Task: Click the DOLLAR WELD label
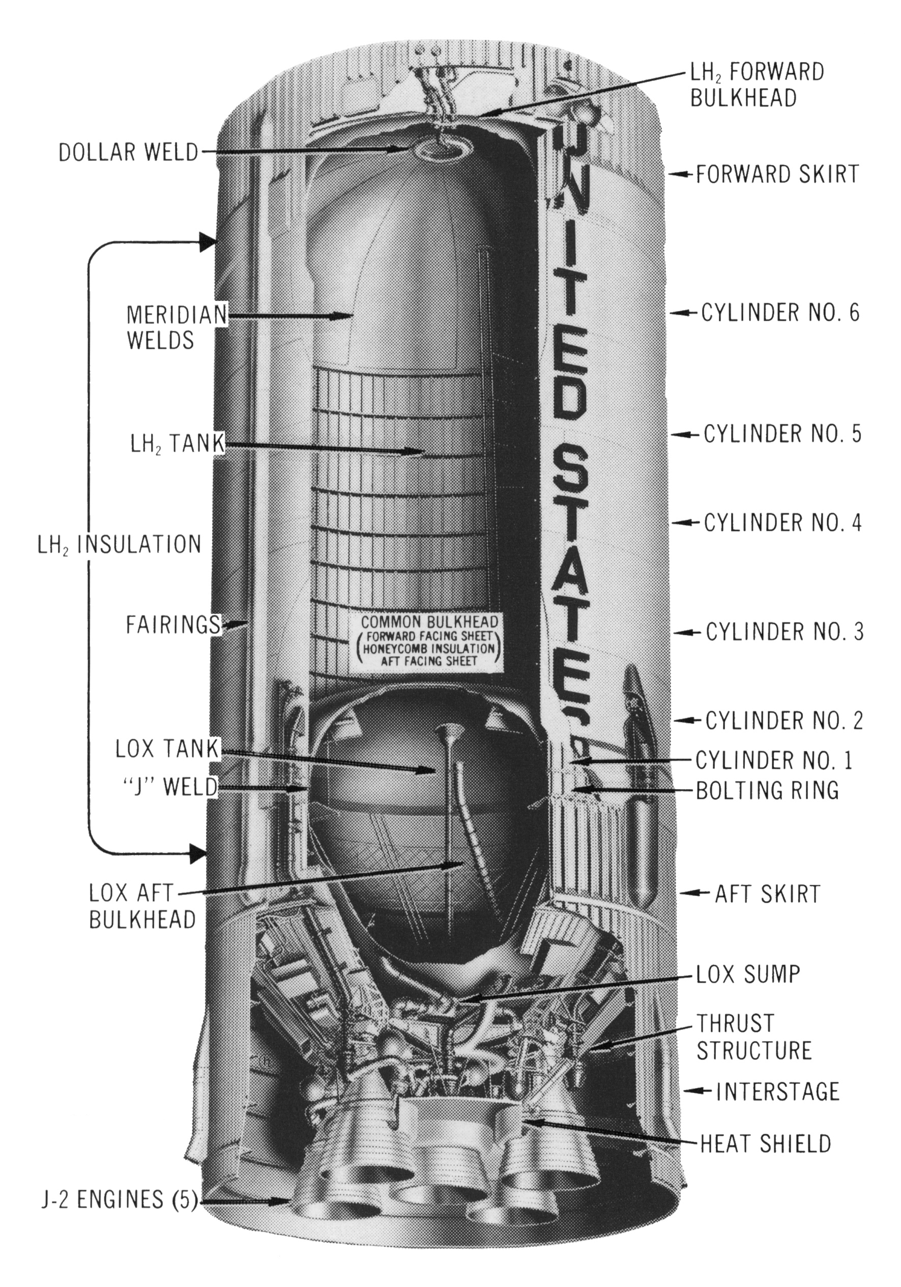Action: pyautogui.click(x=128, y=152)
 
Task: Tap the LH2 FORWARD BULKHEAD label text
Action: pyautogui.click(x=757, y=85)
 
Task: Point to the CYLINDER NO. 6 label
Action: pyautogui.click(x=780, y=313)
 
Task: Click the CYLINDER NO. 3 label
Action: pyautogui.click(x=784, y=632)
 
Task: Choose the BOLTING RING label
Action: pyautogui.click(x=767, y=790)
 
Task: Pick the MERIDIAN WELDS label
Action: pyautogui.click(x=175, y=327)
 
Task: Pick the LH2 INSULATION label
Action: pyautogui.click(x=119, y=545)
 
